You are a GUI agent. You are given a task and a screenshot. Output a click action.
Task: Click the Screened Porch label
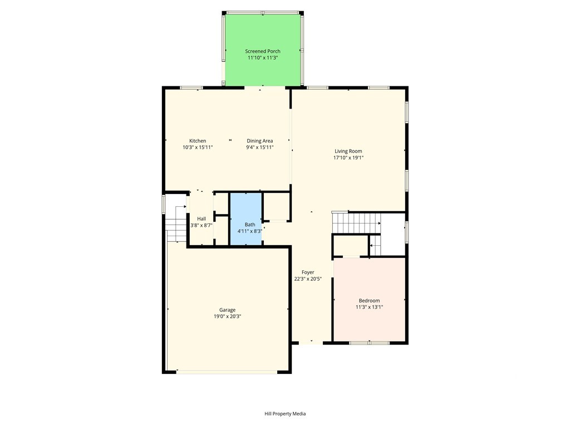tap(263, 51)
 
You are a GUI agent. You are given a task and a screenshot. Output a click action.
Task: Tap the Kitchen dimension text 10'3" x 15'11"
tap(198, 147)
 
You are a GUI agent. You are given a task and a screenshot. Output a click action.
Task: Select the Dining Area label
tap(259, 141)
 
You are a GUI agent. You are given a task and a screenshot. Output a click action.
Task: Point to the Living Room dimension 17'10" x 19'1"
tap(348, 158)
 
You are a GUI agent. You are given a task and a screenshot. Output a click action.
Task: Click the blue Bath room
tap(246, 218)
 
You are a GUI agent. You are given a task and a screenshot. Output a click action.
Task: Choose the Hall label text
tap(202, 218)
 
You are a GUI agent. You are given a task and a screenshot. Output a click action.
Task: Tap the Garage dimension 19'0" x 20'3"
tap(227, 317)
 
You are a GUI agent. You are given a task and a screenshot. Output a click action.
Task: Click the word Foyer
tap(307, 272)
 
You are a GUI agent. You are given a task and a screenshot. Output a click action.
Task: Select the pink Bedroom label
tap(369, 300)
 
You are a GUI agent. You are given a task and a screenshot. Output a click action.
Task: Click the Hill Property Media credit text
tap(285, 414)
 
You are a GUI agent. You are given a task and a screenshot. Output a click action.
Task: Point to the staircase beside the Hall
tap(176, 223)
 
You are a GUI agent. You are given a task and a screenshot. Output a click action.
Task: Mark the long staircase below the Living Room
tap(357, 223)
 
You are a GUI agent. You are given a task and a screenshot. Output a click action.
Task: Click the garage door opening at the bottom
tap(227, 372)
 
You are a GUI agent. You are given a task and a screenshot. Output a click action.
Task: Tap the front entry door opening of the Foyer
tap(311, 343)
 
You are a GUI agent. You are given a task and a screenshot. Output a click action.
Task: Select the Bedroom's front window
tap(369, 343)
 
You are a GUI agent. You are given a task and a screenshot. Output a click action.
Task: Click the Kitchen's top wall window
tap(191, 87)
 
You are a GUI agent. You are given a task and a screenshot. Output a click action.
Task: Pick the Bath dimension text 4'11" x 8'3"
tap(250, 231)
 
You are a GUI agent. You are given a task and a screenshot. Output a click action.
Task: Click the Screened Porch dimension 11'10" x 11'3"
tap(263, 58)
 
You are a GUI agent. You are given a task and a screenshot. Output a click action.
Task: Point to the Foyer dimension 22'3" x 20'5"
tap(307, 279)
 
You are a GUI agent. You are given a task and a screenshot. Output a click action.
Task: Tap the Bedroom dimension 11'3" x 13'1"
tap(369, 307)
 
